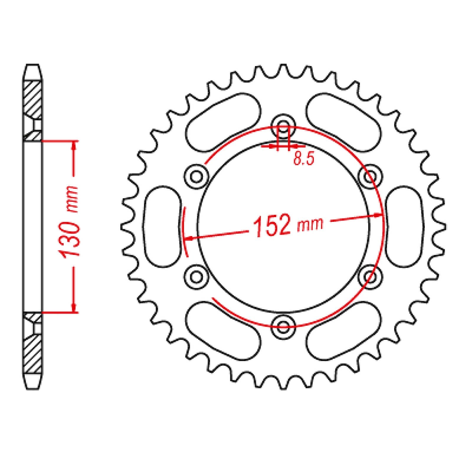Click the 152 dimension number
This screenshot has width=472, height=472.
coord(271,226)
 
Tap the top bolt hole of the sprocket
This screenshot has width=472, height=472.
coord(283,124)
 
